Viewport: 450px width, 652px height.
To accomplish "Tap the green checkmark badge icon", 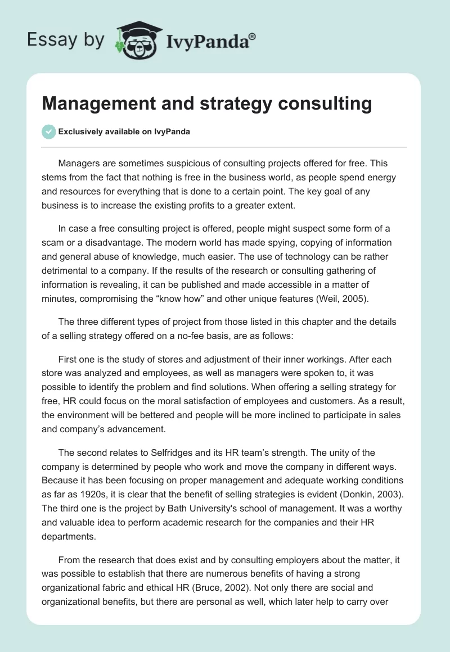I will (48, 132).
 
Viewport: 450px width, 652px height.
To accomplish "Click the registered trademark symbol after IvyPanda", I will (253, 35).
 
